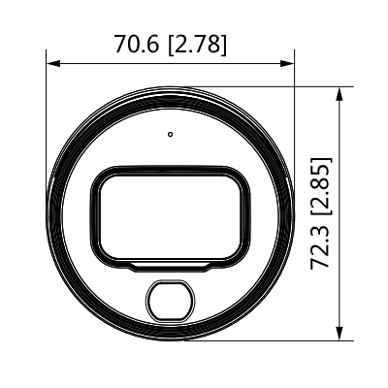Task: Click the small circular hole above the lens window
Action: click(171, 134)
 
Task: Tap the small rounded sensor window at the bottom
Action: click(171, 301)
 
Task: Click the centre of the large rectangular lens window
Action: click(171, 216)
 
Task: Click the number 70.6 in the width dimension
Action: click(137, 44)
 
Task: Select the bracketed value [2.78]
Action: click(198, 45)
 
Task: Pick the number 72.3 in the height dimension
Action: click(320, 247)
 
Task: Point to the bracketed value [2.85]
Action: click(321, 186)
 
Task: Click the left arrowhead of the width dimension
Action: click(53, 63)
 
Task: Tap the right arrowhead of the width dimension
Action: click(287, 63)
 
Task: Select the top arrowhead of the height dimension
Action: click(339, 94)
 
